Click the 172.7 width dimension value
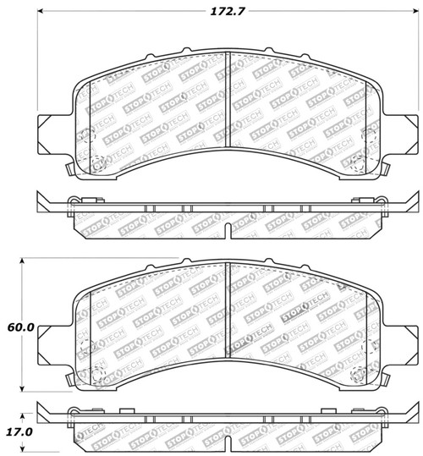228,12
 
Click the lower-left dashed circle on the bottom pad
96,371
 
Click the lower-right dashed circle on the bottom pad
359,371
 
